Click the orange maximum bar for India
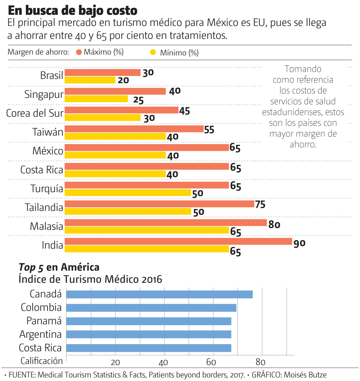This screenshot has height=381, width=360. coord(178,241)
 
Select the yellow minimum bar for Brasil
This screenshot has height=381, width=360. coord(90,80)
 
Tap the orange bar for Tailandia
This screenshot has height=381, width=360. coord(159,204)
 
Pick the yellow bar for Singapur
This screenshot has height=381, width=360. coord(96,99)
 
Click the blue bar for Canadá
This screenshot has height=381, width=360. coord(159,294)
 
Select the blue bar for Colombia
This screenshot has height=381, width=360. coord(151,308)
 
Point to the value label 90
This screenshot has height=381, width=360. coord(299,243)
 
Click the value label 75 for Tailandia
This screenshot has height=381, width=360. coord(260,205)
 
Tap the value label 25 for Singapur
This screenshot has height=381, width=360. coord(138,100)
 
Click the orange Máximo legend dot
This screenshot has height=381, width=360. coord(79,52)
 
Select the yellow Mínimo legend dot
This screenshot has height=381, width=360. coord(153,52)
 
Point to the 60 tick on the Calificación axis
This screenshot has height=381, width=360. coord(211,362)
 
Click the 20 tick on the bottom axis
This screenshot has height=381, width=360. coord(115,362)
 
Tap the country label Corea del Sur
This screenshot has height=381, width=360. coord(35,113)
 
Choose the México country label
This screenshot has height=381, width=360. coord(48,151)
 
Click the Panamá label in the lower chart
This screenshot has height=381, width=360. coord(44,321)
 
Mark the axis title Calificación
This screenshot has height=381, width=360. coord(41,361)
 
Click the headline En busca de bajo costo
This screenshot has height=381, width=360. coord(72,11)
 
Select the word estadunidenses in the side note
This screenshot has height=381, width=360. coord(292,112)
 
